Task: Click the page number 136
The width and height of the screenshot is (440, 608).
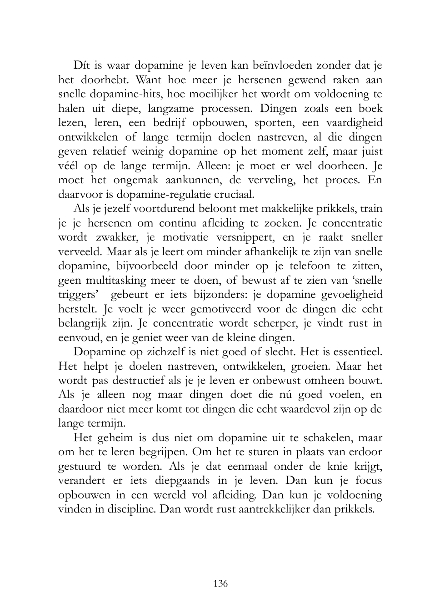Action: (220, 583)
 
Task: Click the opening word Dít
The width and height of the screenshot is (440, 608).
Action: (82, 65)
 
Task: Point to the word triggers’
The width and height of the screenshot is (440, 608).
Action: (79, 295)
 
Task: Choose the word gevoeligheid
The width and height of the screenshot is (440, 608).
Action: (352, 295)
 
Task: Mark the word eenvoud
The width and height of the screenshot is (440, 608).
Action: (80, 338)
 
